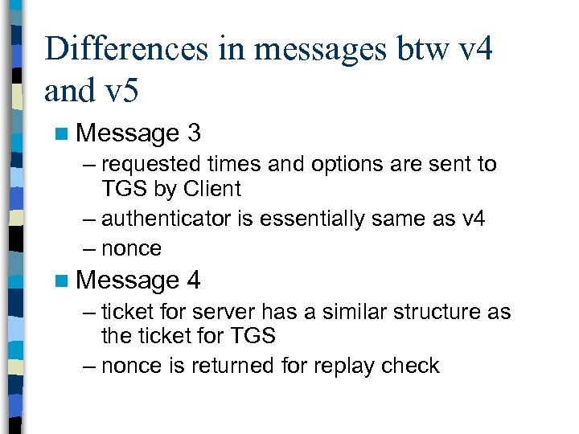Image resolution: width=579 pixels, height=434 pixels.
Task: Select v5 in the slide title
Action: pos(121,91)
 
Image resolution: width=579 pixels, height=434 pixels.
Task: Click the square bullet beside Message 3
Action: pos(63,133)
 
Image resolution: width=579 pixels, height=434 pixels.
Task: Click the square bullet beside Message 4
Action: pos(63,280)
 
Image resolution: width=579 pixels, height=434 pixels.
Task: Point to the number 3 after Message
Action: pos(193,132)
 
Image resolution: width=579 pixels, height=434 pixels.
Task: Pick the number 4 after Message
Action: pos(193,280)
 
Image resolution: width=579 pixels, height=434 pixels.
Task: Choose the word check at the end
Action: pos(411,366)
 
